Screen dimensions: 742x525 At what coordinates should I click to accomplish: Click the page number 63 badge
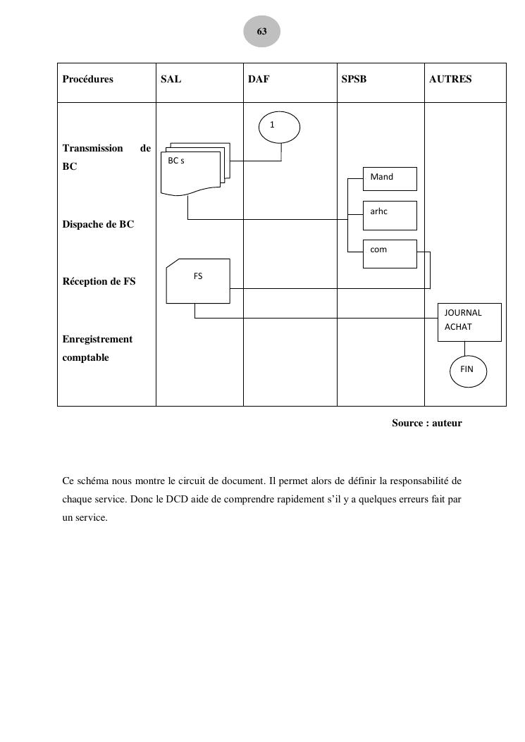[x=261, y=32]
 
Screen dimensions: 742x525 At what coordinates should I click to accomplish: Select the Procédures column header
[x=87, y=80]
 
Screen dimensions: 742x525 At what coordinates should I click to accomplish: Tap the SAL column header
[x=171, y=80]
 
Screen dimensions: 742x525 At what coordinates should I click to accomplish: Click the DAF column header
[x=259, y=80]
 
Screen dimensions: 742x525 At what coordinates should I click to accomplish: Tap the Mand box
[x=389, y=178]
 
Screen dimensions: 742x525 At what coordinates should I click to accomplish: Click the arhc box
[x=389, y=215]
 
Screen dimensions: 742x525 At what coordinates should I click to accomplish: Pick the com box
[x=389, y=254]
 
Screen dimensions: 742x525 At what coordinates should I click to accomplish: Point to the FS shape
[x=198, y=282]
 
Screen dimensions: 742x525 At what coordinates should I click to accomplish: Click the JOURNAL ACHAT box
[x=469, y=322]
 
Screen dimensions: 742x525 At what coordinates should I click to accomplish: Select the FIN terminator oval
[x=467, y=370]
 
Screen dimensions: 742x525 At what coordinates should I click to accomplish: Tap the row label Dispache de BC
[x=98, y=225]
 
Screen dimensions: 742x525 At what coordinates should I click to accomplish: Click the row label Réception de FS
[x=99, y=282]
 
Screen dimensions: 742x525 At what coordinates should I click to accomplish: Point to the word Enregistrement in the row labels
[x=97, y=340]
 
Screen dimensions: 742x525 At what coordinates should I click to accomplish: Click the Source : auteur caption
[x=426, y=423]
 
